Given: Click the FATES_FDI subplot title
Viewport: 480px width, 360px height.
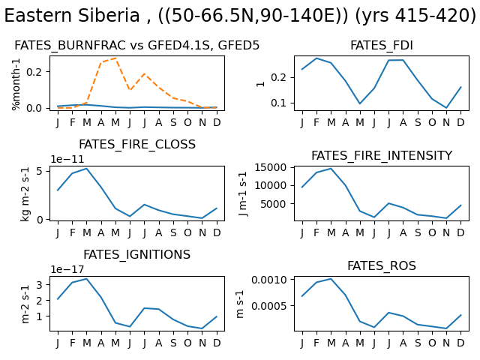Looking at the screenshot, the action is pos(382,45).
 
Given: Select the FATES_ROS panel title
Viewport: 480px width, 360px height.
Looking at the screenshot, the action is pos(382,265).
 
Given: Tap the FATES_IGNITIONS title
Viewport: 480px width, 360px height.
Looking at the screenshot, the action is pos(136,255).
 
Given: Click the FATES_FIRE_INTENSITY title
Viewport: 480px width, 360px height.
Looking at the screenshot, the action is pos(382,155).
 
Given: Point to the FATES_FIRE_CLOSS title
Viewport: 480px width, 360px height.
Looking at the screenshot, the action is pos(136,145).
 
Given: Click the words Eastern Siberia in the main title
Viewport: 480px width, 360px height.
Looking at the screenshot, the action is pos(72,16).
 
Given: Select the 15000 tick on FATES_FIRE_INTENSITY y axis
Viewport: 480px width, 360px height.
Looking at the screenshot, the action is pos(271,167).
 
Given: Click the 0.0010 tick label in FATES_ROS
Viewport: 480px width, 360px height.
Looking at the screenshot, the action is pos(269,280).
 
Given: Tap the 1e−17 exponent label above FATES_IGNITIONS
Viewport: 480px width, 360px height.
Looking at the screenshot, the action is pos(67,269).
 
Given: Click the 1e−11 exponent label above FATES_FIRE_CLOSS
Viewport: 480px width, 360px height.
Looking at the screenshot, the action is pos(67,159).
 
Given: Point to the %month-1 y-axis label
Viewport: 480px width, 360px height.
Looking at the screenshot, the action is pos(16,84).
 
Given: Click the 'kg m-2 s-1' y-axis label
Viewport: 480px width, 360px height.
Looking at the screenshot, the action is pos(25,194).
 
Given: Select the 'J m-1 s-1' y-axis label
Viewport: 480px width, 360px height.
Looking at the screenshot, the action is pos(243,194).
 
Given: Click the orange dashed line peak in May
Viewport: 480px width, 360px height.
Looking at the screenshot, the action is pos(115,58).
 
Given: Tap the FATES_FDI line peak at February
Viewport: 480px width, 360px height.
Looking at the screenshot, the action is pos(316,58).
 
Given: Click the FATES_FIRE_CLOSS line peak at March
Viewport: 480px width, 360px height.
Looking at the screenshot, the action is pos(87,168).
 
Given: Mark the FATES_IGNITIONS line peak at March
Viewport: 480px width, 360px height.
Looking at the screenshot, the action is pos(87,279).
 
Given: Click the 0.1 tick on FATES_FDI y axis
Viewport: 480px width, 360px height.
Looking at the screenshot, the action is pos(278,103).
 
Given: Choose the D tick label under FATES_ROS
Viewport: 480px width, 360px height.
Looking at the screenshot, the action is pos(460,343).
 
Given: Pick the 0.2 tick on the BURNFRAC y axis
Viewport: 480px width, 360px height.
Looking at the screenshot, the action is pos(34,72).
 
